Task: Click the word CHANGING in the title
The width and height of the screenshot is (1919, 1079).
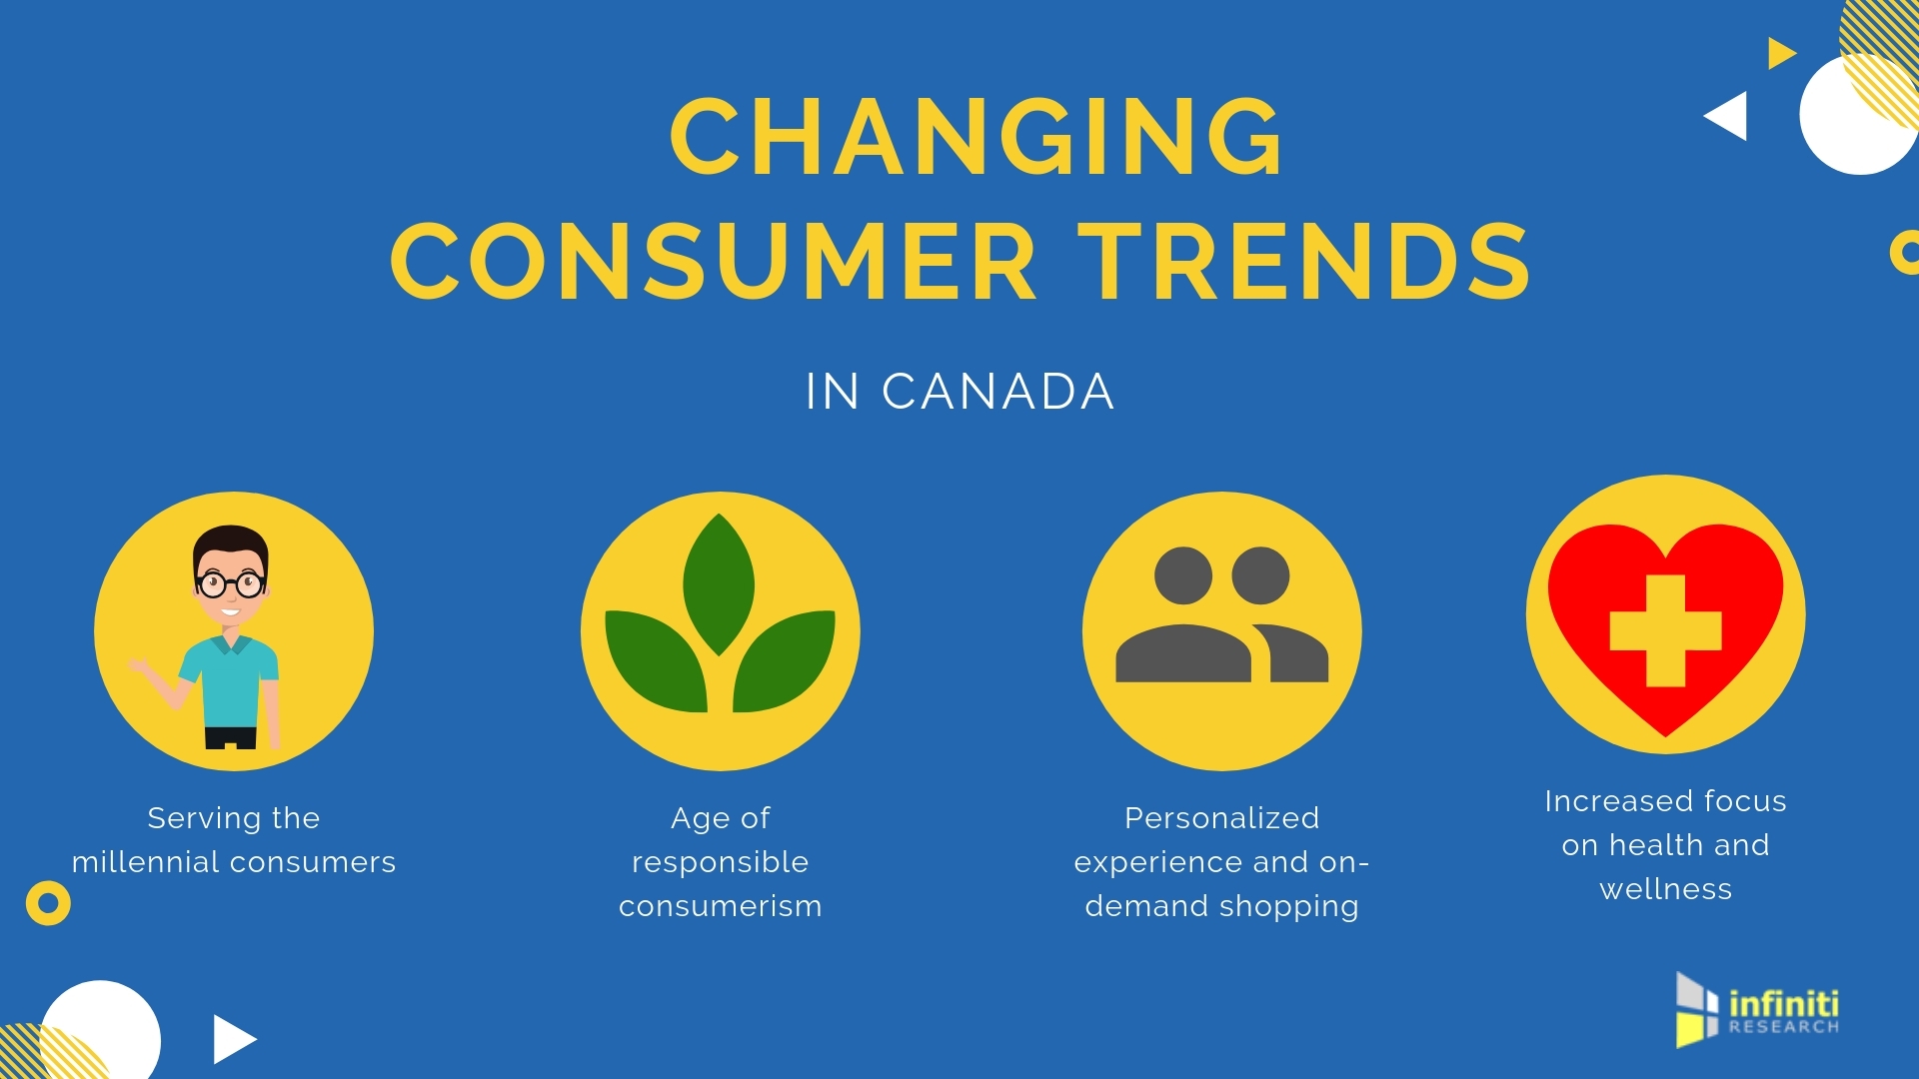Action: click(x=976, y=137)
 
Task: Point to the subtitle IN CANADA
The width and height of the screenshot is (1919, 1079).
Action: click(x=959, y=392)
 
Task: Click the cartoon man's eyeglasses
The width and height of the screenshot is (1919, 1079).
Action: click(x=231, y=583)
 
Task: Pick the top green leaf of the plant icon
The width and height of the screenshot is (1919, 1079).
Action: click(x=719, y=584)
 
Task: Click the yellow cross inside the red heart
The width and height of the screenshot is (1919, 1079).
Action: click(x=1665, y=630)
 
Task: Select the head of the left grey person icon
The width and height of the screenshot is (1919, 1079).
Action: click(x=1183, y=575)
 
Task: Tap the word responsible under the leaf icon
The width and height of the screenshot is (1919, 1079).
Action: click(x=720, y=862)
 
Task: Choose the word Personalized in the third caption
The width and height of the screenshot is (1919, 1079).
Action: click(x=1221, y=818)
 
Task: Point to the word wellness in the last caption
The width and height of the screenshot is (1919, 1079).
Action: click(x=1665, y=889)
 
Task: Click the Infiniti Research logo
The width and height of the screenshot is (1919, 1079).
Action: click(x=1757, y=1010)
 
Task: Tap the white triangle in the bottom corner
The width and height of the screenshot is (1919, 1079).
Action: click(x=234, y=1039)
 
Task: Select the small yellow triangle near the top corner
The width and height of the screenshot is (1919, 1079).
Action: click(x=1781, y=53)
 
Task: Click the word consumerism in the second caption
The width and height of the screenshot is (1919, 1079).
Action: click(x=720, y=906)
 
